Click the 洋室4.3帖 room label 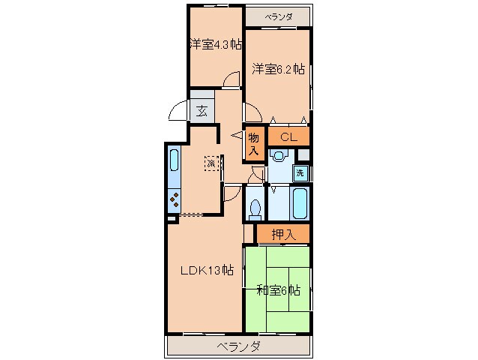click(214, 44)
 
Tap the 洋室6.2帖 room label click(277, 68)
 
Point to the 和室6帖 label click(277, 289)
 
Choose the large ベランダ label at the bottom click(239, 346)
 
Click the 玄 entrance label click(202, 112)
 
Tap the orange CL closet click(288, 136)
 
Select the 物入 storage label click(254, 143)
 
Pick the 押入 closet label click(283, 234)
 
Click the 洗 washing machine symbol click(299, 173)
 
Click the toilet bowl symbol click(255, 206)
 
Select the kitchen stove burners click(174, 200)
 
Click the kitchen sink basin click(174, 160)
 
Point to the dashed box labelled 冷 click(211, 163)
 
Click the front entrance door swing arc click(178, 112)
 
